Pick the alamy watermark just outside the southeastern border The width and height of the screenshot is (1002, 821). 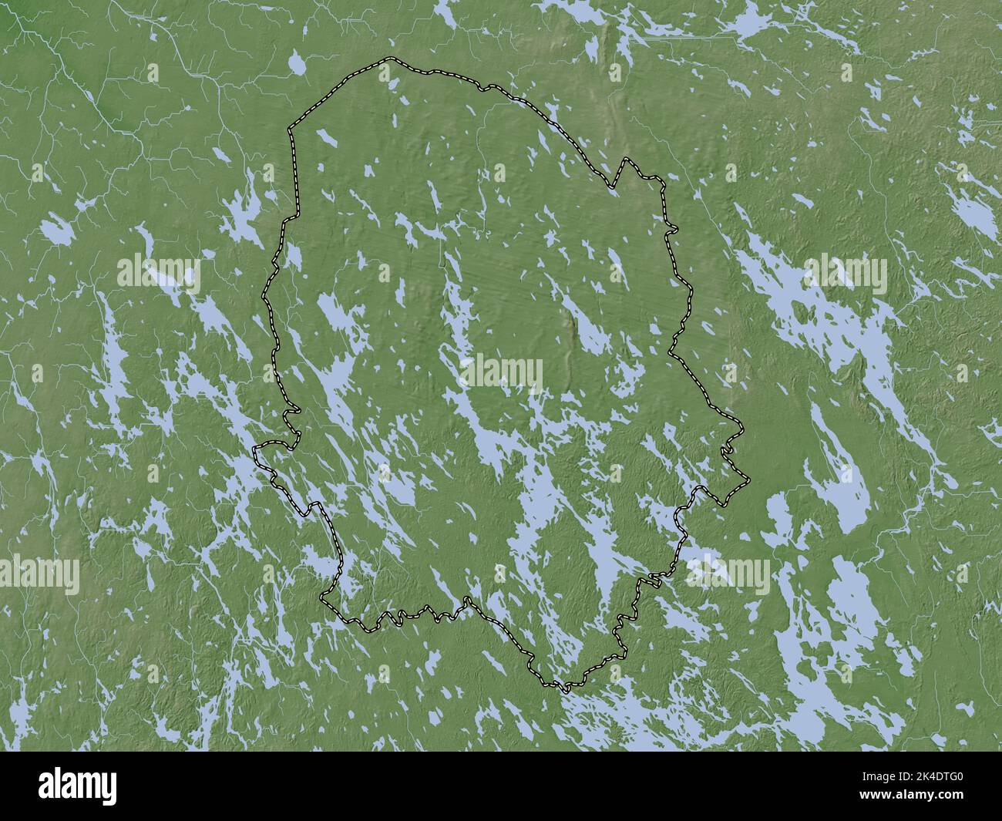click(x=728, y=570)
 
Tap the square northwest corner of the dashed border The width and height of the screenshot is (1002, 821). click(x=291, y=128)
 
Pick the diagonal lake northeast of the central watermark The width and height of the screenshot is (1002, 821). click(x=590, y=331)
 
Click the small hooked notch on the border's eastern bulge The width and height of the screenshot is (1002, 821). click(x=728, y=450)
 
